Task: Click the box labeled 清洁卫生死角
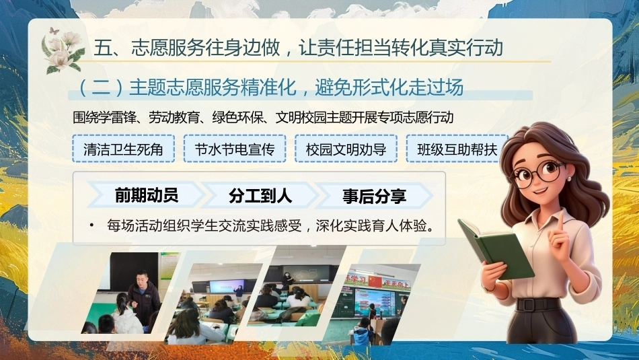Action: point(124,149)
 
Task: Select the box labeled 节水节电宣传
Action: point(235,149)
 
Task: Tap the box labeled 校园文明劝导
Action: point(346,149)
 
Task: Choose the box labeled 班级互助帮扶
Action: point(457,149)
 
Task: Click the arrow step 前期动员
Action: point(146,195)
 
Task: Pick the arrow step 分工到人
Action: point(260,195)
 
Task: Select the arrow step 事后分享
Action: point(374,196)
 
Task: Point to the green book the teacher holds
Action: point(496,248)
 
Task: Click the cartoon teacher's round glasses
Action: point(538,174)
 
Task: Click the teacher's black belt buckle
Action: point(528,305)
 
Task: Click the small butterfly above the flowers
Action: point(54,30)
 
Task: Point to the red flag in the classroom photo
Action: point(375,281)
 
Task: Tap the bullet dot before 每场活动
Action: point(92,225)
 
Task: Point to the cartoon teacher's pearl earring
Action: point(569,179)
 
